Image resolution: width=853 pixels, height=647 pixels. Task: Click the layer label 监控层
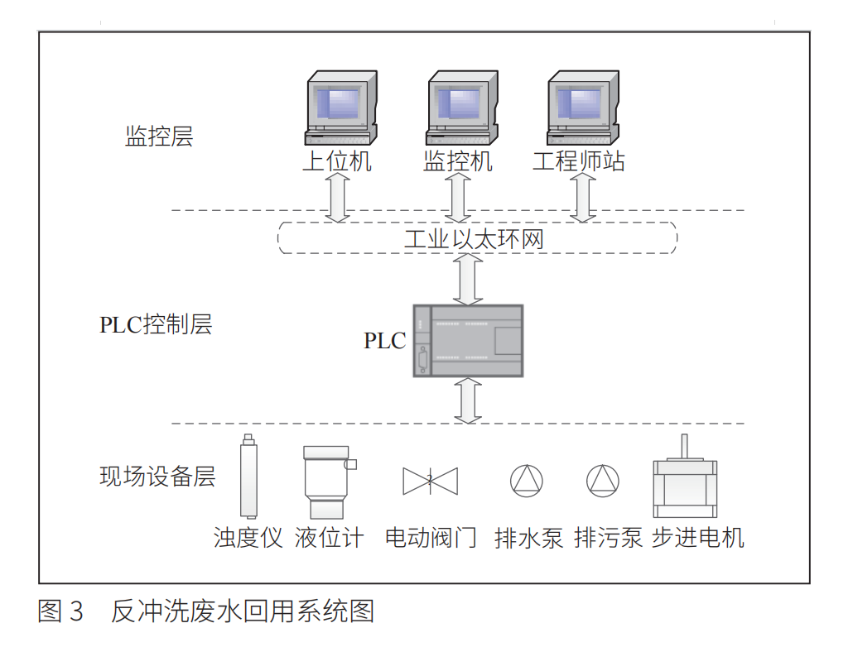[159, 137]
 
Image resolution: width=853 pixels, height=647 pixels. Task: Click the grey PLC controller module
[468, 340]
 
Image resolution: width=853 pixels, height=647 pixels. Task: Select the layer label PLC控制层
[156, 324]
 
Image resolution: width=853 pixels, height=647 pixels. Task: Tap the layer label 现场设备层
[157, 477]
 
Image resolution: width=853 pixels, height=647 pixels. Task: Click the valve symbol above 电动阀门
[430, 481]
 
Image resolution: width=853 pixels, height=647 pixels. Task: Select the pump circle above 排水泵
[527, 481]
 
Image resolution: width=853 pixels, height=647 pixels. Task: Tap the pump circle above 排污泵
[603, 481]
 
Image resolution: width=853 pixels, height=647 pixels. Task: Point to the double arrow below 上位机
[336, 199]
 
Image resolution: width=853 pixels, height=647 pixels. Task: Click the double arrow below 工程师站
[583, 199]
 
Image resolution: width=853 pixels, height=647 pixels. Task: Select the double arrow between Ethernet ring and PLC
[469, 279]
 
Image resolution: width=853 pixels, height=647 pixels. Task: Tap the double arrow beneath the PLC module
[469, 400]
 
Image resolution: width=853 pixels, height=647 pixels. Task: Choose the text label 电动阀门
[431, 538]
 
